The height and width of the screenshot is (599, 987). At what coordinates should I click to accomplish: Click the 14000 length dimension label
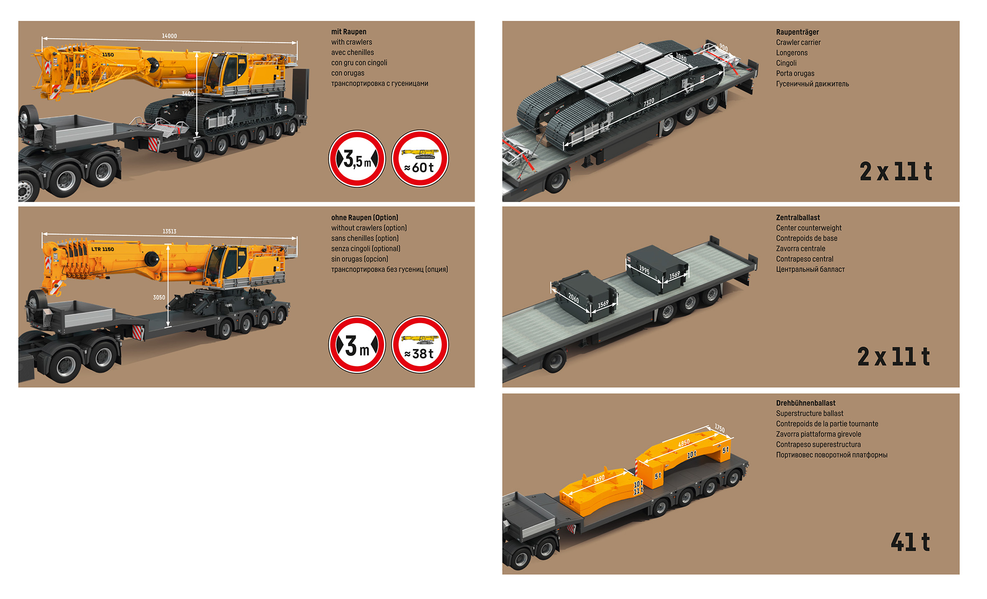(x=169, y=36)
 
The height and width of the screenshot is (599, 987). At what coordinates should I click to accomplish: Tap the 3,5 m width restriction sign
(x=357, y=159)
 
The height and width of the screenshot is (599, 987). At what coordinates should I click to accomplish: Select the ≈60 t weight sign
(x=420, y=159)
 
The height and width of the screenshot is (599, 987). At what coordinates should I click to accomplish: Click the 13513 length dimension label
(x=169, y=231)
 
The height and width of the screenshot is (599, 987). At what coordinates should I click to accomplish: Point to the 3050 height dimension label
(x=159, y=298)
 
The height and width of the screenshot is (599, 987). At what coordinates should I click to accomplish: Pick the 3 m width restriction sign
(x=357, y=345)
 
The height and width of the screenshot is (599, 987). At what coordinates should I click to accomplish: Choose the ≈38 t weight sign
(x=420, y=345)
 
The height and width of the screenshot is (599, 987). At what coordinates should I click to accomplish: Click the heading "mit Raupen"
(x=349, y=32)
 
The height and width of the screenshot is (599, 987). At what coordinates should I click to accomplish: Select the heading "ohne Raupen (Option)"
(x=364, y=218)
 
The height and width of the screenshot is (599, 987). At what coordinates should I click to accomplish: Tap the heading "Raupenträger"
(x=797, y=32)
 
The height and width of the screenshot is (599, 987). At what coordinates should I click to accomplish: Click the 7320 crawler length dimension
(x=649, y=102)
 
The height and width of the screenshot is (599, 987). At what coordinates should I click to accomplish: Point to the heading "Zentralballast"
(x=798, y=218)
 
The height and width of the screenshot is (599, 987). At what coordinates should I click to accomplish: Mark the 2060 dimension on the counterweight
(x=573, y=298)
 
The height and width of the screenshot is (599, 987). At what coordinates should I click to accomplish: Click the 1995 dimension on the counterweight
(x=644, y=270)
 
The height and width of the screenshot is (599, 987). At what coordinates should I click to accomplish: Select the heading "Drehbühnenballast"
(x=806, y=403)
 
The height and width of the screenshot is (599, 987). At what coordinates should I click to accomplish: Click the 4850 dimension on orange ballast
(x=684, y=443)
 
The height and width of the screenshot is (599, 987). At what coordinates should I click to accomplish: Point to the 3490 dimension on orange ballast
(x=599, y=479)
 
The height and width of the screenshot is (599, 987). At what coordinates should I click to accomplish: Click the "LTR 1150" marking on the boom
(x=102, y=249)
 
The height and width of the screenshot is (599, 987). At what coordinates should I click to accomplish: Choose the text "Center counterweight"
(x=809, y=228)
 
